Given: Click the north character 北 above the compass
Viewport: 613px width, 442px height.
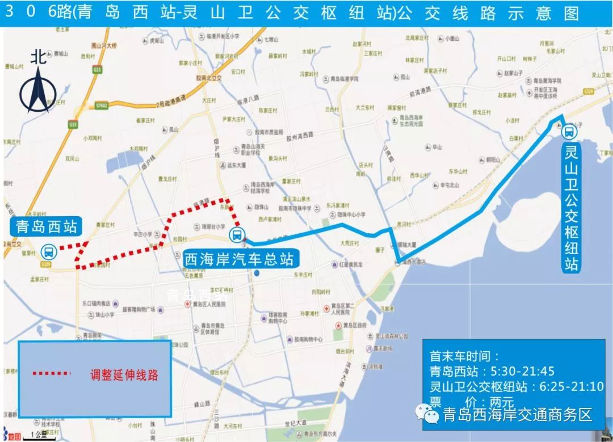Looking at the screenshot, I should (x=39, y=57).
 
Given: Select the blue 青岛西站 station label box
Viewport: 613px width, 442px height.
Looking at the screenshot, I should (x=44, y=227).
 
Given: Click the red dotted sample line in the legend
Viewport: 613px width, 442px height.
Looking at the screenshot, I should (x=51, y=374).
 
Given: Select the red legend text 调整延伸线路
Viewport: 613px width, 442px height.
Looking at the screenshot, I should (x=124, y=374).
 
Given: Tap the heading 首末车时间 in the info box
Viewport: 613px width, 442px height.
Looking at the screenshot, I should (x=464, y=356).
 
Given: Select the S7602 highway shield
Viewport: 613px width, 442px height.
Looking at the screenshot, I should (x=102, y=106).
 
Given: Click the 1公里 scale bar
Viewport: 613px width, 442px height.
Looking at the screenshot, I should (x=40, y=436).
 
